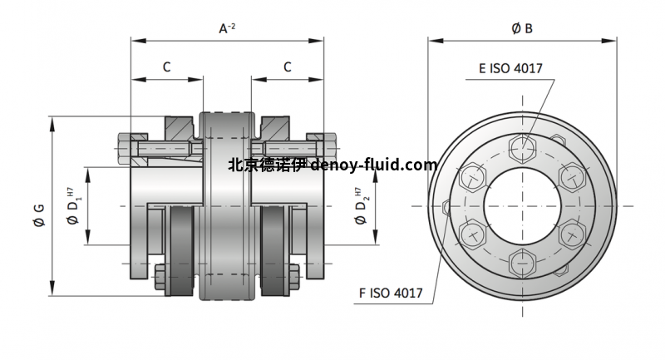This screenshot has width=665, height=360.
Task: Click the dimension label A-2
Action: pos(227,29)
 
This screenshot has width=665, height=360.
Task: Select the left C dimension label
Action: pos(166,67)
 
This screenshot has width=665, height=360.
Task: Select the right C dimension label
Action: pos(288,67)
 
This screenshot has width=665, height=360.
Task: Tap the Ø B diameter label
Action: pos(522,28)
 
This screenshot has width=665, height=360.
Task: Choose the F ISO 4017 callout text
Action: pos(391,293)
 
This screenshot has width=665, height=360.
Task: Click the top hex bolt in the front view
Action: pos(522,148)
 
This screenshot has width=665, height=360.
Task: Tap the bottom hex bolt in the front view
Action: pos(522,264)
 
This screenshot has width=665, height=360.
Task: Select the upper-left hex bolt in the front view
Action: pos(471,177)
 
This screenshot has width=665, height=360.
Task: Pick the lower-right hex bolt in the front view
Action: pos(572,234)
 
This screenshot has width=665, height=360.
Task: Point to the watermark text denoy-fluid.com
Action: pos(373,165)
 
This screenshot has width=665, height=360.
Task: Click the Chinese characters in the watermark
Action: pos(267,165)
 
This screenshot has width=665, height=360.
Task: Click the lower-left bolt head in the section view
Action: pos(161,274)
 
